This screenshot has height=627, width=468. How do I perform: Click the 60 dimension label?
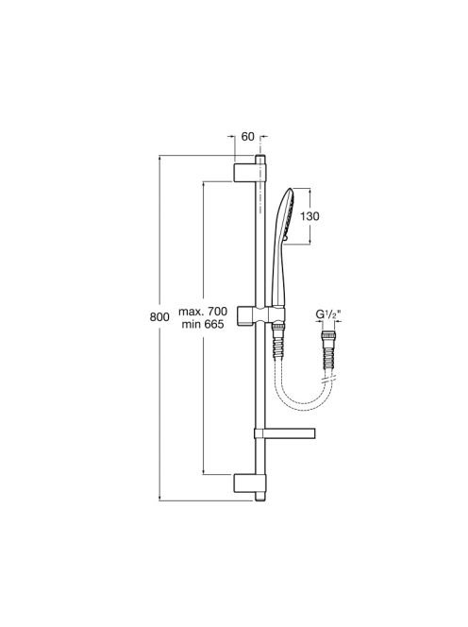tap(248, 137)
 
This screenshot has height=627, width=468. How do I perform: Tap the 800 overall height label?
tap(159, 317)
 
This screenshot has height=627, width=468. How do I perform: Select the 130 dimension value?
tap(309, 216)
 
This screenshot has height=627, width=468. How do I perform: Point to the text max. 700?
tap(203, 311)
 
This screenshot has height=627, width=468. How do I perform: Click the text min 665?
tap(203, 324)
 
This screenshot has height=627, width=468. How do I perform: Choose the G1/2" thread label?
tap(328, 314)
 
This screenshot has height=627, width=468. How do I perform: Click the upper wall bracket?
tap(244, 172)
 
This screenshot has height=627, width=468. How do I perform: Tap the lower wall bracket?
tap(244, 483)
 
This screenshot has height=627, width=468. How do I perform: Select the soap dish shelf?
tap(285, 432)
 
